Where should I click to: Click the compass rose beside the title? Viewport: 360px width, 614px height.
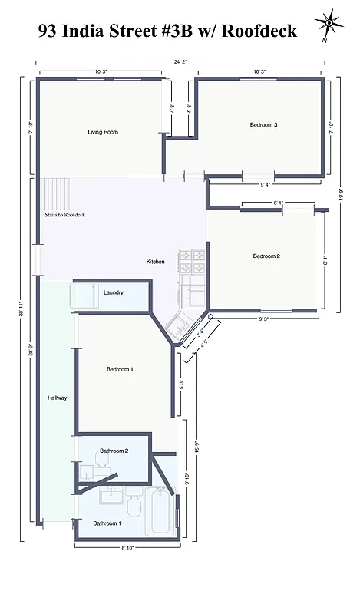pos(329,24)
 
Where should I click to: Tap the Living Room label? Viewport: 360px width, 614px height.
pos(103,132)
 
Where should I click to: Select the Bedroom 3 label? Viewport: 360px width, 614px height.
pos(263,124)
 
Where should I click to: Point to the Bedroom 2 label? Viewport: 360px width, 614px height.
pos(266,256)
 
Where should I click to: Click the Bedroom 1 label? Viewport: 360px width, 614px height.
pos(120,369)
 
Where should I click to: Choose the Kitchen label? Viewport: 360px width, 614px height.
pos(156,262)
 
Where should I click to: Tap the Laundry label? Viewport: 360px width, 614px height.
pos(114,292)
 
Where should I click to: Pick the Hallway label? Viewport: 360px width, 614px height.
pos(57,398)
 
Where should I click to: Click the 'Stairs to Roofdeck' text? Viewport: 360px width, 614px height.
pos(64,215)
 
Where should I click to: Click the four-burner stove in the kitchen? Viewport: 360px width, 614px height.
pos(192,262)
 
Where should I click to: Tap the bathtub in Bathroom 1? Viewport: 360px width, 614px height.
pos(161,513)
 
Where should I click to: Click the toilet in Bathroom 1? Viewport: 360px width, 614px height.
pos(134,506)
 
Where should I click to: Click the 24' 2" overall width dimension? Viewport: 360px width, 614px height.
pos(181,61)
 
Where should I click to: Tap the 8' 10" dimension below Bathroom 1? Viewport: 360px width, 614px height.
pos(128,547)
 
